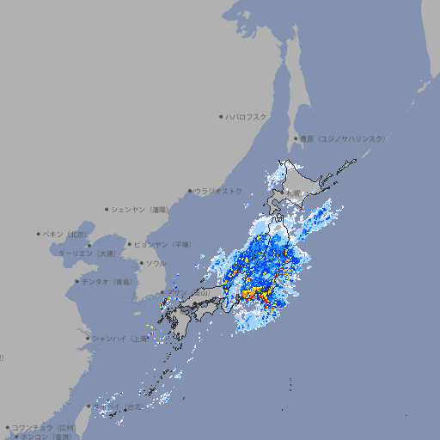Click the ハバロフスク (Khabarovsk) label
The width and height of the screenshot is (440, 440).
tap(247, 116)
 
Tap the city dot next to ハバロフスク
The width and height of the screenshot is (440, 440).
tap(221, 116)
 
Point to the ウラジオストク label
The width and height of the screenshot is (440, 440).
tap(218, 191)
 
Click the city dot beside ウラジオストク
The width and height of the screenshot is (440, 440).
tap(190, 191)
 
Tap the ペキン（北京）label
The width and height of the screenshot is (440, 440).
tap(65, 234)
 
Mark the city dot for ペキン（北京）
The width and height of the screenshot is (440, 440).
tap(39, 234)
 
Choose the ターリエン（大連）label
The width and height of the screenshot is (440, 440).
tap(87, 254)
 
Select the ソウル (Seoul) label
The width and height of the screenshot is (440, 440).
tap(156, 263)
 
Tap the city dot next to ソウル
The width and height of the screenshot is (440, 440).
tap(140, 263)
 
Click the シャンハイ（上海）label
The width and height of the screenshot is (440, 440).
tap(119, 338)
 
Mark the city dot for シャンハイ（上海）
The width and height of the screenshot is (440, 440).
tap(88, 338)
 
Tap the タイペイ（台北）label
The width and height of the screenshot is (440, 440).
tap(121, 406)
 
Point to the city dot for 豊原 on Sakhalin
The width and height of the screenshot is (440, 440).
tap(296, 138)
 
